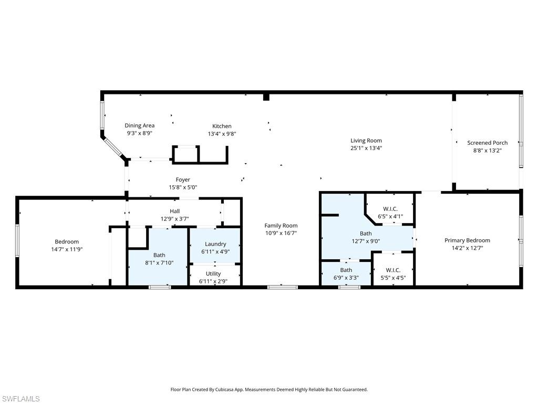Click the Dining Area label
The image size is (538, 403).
pyautogui.click(x=139, y=125)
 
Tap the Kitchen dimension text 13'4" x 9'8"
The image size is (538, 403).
pyautogui.click(x=222, y=134)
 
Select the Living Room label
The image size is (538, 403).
pyautogui.click(x=366, y=140)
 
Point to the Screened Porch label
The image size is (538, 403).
pyautogui.click(x=488, y=143)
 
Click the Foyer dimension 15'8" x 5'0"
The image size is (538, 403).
pyautogui.click(x=183, y=187)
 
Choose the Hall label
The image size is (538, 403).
pyautogui.click(x=174, y=211)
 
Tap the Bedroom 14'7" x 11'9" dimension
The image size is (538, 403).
pyautogui.click(x=63, y=249)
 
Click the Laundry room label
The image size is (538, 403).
pyautogui.click(x=215, y=243)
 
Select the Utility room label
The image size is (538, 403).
pyautogui.click(x=213, y=273)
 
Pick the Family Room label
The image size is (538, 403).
pyautogui.click(x=281, y=226)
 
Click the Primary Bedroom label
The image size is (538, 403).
pyautogui.click(x=467, y=240)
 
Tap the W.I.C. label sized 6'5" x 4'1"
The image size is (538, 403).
pyautogui.click(x=390, y=208)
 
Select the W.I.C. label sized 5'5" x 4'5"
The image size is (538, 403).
pyautogui.click(x=393, y=270)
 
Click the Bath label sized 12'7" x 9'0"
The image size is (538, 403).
pyautogui.click(x=366, y=234)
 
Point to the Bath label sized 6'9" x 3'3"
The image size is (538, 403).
pyautogui.click(x=346, y=270)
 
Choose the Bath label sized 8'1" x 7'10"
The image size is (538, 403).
pyautogui.click(x=159, y=256)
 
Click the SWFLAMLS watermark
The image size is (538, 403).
pyautogui.click(x=20, y=399)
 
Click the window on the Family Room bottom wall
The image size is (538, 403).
pyautogui.click(x=282, y=287)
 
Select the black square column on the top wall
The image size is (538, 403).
pyautogui.click(x=266, y=97)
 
